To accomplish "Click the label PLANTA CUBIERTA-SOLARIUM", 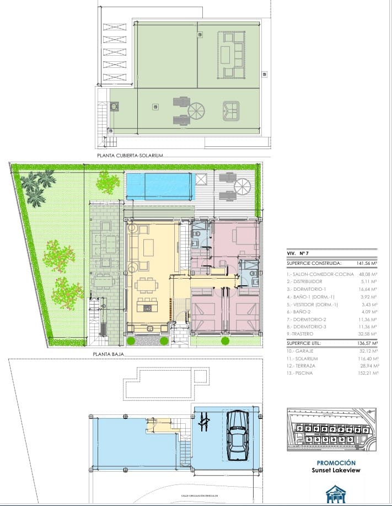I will pos(130,156).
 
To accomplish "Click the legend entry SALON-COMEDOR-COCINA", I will pos(313,274).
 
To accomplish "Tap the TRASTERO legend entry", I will pos(300,334).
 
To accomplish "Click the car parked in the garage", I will pos(238,435).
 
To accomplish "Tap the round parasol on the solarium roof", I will pos(196,110).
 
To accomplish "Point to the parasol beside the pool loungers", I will pos(242,187).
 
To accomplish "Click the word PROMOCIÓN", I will pos(336,463).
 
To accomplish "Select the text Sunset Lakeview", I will pos(336,471).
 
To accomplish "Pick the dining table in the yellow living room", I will pos(146,285).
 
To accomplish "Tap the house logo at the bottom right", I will pos(335,494).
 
